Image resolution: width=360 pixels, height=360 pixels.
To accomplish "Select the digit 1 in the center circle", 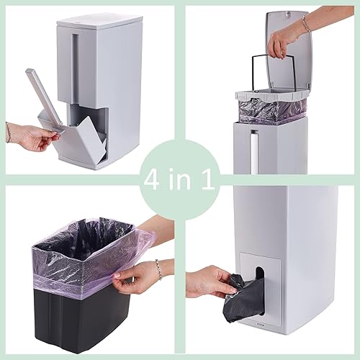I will coord(208,180).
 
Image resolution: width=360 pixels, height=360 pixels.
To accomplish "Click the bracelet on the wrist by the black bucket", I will coord(159,270).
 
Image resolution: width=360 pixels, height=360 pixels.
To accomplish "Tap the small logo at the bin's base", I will coord(294,330).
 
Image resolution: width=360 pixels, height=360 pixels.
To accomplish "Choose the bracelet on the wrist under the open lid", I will coord(307,24).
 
